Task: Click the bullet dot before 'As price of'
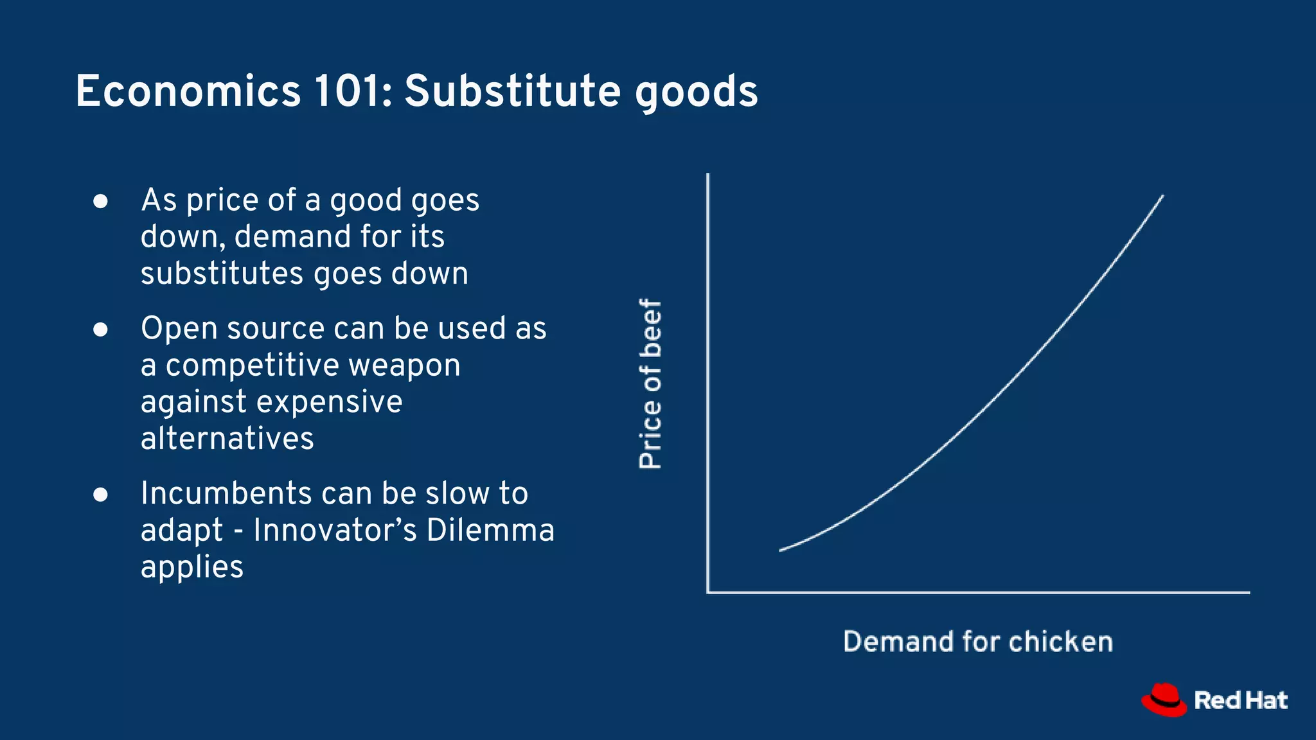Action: point(100,202)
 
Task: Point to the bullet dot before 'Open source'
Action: point(100,330)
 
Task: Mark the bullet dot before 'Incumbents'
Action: point(100,495)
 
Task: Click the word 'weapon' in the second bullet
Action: point(404,366)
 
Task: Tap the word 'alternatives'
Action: point(227,439)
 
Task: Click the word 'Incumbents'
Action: point(225,494)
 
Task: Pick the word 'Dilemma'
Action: point(490,531)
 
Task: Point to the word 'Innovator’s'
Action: point(334,531)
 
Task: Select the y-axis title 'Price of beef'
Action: point(650,383)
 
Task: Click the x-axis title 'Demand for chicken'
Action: point(977,642)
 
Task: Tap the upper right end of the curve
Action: point(1162,197)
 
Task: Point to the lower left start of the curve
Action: point(781,550)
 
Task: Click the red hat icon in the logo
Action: point(1164,700)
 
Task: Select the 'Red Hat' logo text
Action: point(1240,700)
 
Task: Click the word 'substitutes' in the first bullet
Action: point(222,274)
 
